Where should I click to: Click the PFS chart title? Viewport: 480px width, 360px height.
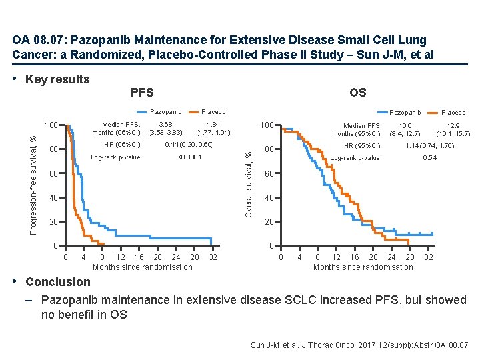pyautogui.click(x=141, y=93)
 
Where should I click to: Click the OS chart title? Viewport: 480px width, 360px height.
pyautogui.click(x=357, y=93)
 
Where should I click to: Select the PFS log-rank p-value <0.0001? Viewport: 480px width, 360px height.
pyautogui.click(x=190, y=157)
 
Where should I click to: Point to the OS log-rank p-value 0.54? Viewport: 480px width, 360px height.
pyautogui.click(x=430, y=158)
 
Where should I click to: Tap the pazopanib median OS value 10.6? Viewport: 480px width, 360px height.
pyautogui.click(x=405, y=125)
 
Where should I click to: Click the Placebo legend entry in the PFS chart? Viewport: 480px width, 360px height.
pyautogui.click(x=213, y=112)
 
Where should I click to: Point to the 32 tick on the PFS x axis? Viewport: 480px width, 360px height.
pyautogui.click(x=213, y=258)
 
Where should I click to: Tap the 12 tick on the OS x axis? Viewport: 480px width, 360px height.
pyautogui.click(x=336, y=258)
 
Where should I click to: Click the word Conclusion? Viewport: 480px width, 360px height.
pyautogui.click(x=57, y=282)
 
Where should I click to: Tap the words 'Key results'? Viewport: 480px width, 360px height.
pyautogui.click(x=57, y=79)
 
